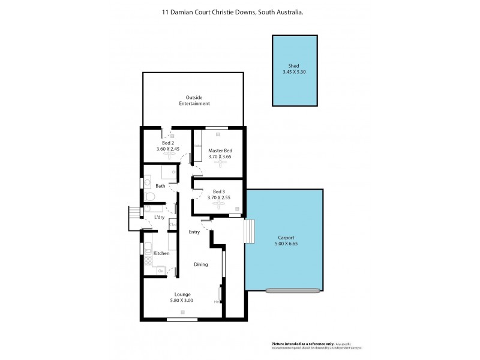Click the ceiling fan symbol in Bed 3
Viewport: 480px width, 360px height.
pos(220,204)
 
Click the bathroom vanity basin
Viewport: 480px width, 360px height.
pos(147,182)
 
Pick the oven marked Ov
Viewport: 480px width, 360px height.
pos(161,271)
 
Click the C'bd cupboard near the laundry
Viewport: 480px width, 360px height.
pos(172,225)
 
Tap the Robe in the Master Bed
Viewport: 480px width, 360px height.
pos(196,146)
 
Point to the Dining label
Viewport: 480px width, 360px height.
pos(200,264)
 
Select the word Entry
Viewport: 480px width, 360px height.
pos(194,232)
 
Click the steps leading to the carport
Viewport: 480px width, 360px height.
pos(249,232)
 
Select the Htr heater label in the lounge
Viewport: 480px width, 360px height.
pos(217,301)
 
